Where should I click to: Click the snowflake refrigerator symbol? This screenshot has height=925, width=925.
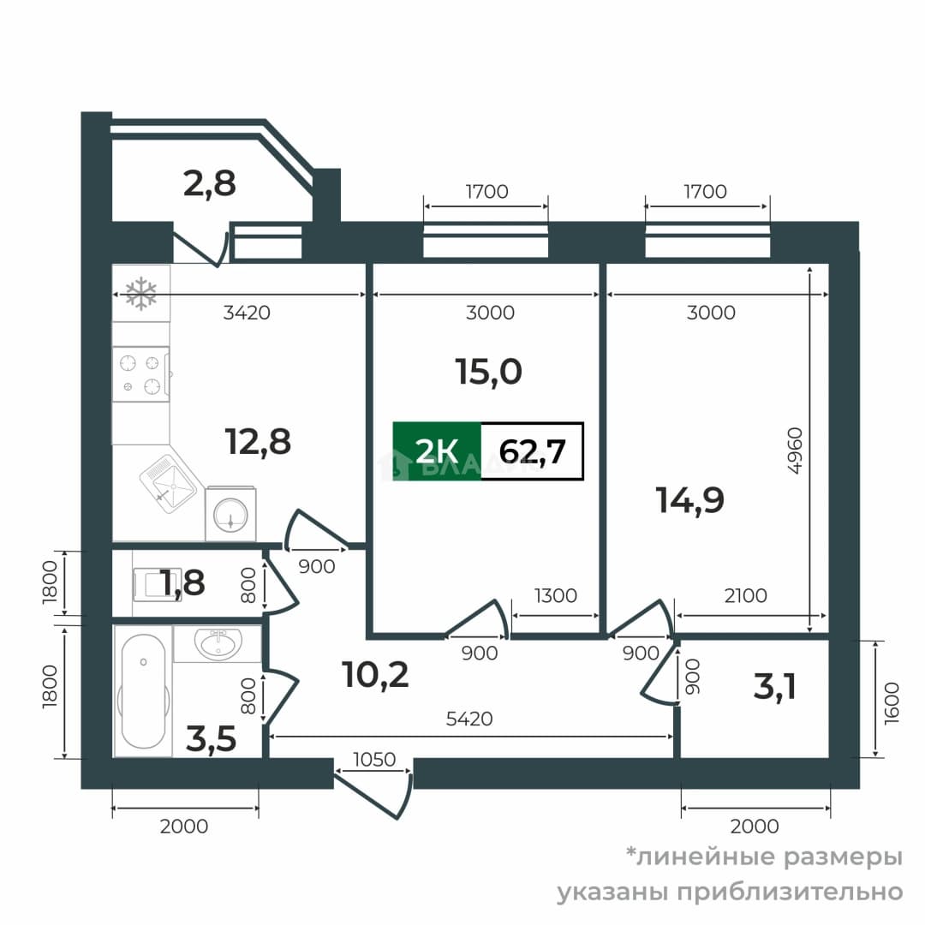pos(141,293)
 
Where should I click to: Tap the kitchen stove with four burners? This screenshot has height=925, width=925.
pos(141,374)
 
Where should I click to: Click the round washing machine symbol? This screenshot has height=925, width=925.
pos(230,514)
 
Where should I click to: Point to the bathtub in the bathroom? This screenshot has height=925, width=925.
pos(143,691)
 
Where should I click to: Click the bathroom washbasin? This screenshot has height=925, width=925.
pos(218,643)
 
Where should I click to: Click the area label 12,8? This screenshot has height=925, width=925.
pos(258,442)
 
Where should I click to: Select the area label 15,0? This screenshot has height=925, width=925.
pos(489,373)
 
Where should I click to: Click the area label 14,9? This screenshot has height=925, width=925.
pos(690,500)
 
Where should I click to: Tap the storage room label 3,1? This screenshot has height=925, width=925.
pos(775,687)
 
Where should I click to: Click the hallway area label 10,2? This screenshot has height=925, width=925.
pos(375,675)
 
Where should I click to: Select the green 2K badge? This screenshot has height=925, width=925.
pos(437,451)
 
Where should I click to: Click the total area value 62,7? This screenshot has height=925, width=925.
pos(533,452)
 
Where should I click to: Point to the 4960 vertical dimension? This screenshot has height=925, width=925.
pos(796,451)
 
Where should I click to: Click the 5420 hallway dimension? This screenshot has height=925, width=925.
pos(469,719)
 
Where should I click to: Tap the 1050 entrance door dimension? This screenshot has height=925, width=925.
pos(374,759)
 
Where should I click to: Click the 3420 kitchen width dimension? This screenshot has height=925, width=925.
pos(247,312)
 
